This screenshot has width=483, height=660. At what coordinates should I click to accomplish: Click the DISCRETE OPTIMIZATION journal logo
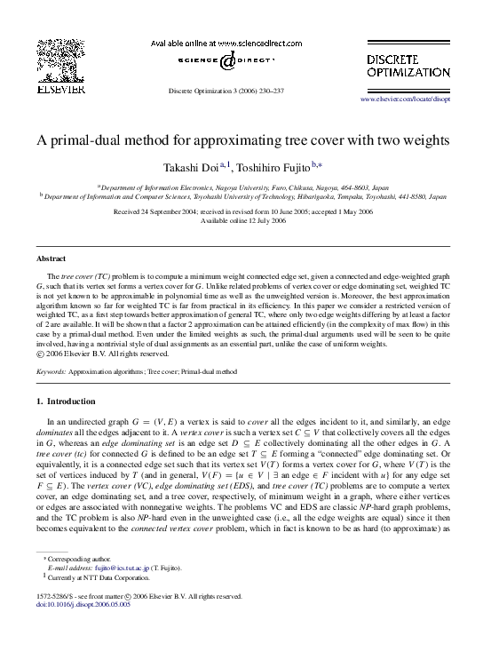[408, 65]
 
